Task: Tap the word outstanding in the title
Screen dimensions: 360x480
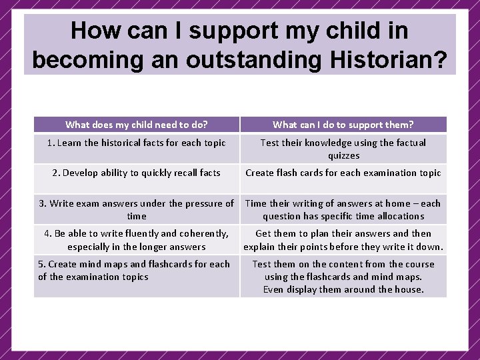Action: point(251,59)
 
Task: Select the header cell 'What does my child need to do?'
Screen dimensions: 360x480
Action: point(137,125)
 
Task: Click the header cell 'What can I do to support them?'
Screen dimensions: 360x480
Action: point(343,125)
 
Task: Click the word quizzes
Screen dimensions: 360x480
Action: point(343,155)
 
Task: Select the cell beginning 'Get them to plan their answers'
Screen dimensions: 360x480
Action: point(343,240)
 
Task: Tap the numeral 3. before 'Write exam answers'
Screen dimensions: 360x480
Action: point(43,203)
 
